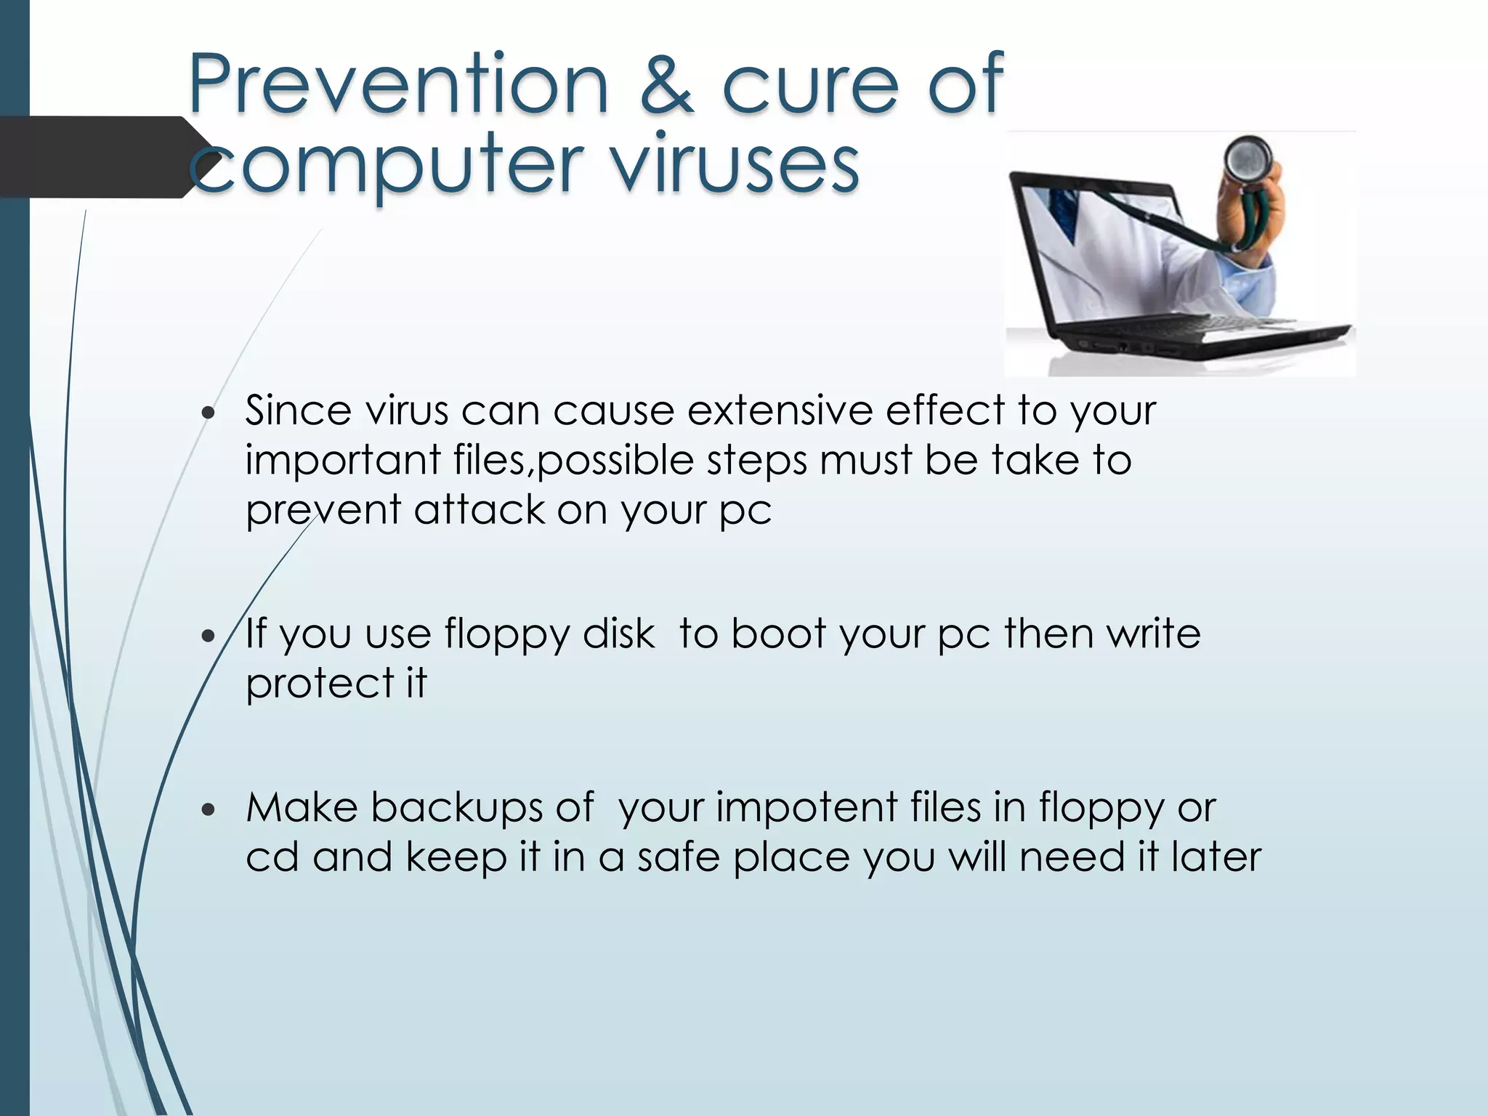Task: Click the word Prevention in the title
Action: tap(398, 84)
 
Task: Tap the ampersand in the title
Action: tap(666, 86)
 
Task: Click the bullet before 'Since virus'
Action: tap(209, 413)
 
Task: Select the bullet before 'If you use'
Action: tap(209, 636)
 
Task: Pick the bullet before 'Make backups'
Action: tap(209, 809)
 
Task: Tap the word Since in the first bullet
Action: tap(299, 411)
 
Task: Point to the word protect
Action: tap(320, 684)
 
